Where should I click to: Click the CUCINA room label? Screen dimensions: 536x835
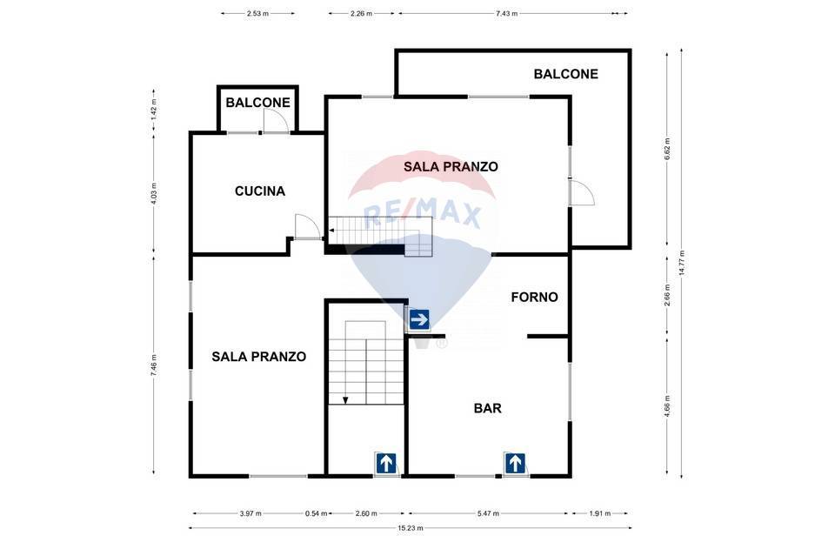[259, 191]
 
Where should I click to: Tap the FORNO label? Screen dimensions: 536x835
[534, 297]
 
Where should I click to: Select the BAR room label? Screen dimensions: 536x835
[487, 408]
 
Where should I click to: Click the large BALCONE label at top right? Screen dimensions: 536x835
[565, 74]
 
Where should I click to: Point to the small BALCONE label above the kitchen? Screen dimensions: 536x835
[257, 102]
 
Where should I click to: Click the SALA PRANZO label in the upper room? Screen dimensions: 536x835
[451, 166]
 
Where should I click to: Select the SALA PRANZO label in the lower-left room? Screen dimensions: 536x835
[258, 357]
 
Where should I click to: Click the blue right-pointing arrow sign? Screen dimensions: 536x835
[419, 320]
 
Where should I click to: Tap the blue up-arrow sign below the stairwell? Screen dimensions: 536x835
[385, 463]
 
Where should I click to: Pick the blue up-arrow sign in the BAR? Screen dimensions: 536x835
[515, 463]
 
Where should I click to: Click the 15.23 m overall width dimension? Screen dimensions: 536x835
[411, 528]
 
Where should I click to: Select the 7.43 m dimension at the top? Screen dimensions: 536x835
[506, 14]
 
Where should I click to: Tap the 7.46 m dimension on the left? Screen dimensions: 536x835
[154, 365]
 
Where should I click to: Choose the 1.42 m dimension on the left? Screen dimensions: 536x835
[154, 109]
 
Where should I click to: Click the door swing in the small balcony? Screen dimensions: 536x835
[275, 122]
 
